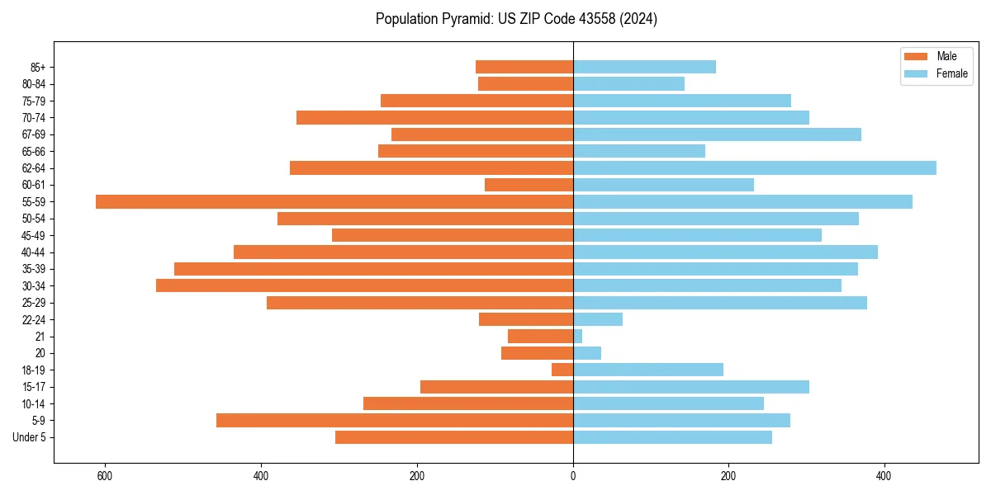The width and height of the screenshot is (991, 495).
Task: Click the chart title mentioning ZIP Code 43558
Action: [516, 19]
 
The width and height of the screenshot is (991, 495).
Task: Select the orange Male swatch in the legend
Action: [916, 56]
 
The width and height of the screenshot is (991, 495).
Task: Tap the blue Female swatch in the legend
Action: [916, 73]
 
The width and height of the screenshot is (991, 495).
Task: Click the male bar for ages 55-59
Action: [334, 201]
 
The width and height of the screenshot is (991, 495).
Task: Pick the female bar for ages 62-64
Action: [755, 167]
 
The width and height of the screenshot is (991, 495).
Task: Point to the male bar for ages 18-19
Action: [562, 370]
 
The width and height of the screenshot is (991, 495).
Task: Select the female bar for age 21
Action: [577, 336]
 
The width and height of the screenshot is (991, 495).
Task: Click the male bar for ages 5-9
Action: [395, 420]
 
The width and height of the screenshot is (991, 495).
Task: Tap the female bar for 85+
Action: [644, 67]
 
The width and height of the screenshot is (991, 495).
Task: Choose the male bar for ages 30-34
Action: [364, 285]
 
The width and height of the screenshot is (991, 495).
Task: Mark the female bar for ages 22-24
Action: [598, 319]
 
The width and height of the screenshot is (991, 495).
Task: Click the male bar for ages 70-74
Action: [434, 117]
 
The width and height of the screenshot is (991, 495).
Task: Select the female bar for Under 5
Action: [672, 437]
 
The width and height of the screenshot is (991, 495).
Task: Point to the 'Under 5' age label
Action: [29, 437]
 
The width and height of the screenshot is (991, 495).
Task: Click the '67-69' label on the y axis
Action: [34, 134]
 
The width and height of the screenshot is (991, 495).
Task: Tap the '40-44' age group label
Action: [34, 252]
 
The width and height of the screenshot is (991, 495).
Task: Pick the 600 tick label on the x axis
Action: [105, 476]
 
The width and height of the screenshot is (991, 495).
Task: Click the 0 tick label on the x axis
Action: [573, 476]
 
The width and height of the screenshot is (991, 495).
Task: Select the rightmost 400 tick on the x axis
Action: [884, 476]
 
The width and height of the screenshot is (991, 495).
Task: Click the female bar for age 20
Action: [587, 353]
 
